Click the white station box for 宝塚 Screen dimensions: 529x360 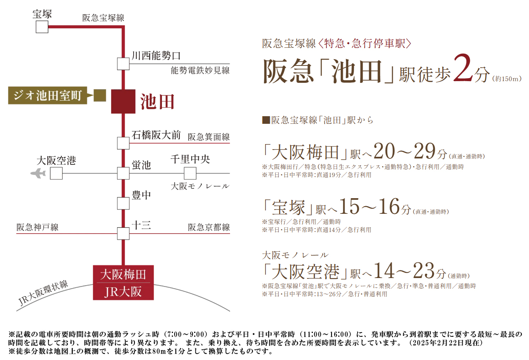(x=42, y=27)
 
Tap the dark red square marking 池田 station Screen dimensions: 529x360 (x=123, y=101)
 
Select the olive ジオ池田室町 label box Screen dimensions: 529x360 (x=47, y=95)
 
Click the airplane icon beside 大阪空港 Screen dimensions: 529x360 (x=38, y=173)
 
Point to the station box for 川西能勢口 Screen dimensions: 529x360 (x=123, y=64)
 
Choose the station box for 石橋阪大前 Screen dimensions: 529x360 (x=123, y=143)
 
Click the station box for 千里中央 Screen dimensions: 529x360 (x=190, y=173)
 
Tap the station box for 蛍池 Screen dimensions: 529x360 (x=123, y=173)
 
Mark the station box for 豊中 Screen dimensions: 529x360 (x=123, y=203)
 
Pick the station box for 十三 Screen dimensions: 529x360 (x=123, y=234)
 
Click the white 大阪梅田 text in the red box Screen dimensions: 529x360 (x=123, y=275)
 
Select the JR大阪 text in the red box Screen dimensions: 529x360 (x=123, y=292)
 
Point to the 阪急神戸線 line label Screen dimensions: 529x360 (x=37, y=227)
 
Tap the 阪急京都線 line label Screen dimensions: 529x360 (x=209, y=227)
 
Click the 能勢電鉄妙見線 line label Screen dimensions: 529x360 (x=200, y=70)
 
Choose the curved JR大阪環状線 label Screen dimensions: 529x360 (x=43, y=293)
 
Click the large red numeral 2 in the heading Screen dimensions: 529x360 (x=463, y=68)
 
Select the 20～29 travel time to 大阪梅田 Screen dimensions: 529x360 (x=405, y=151)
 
